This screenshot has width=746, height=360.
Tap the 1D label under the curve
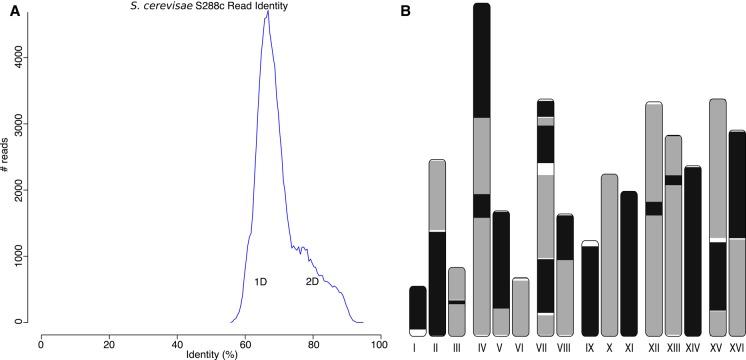[260, 282]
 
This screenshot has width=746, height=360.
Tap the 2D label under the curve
[313, 282]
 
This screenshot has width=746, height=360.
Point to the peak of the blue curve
[267, 12]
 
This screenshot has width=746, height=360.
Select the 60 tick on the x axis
[245, 342]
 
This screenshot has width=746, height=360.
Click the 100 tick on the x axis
[380, 342]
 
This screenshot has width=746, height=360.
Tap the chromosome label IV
[481, 347]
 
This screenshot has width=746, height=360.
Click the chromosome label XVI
[737, 347]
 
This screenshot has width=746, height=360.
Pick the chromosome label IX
[590, 347]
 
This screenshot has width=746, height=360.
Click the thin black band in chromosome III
[456, 301]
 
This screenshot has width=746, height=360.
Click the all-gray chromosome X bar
[609, 255]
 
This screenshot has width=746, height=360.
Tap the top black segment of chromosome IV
[481, 60]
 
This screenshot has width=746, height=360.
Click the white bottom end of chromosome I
[418, 331]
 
